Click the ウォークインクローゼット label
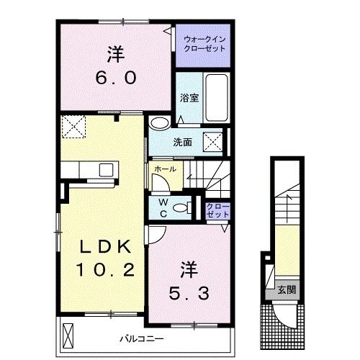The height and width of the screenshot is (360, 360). [204, 44]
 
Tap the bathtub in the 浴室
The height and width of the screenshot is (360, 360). [217, 98]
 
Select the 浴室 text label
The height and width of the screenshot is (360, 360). [189, 98]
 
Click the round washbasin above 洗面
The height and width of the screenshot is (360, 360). [159, 122]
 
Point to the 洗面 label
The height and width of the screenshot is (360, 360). [183, 143]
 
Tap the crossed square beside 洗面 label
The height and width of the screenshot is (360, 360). [213, 142]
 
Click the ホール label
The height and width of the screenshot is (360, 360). [166, 169]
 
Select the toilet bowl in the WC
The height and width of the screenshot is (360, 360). [181, 207]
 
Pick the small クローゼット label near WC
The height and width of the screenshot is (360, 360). [217, 210]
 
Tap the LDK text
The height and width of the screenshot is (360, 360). [106, 246]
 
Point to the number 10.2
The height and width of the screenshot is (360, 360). [105, 269]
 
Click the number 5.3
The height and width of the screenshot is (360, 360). [189, 294]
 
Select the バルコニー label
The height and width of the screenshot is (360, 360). [142, 339]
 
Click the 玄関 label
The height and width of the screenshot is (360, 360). [287, 290]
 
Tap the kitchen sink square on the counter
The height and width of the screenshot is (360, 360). [106, 170]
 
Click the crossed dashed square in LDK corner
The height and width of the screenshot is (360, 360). [73, 127]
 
